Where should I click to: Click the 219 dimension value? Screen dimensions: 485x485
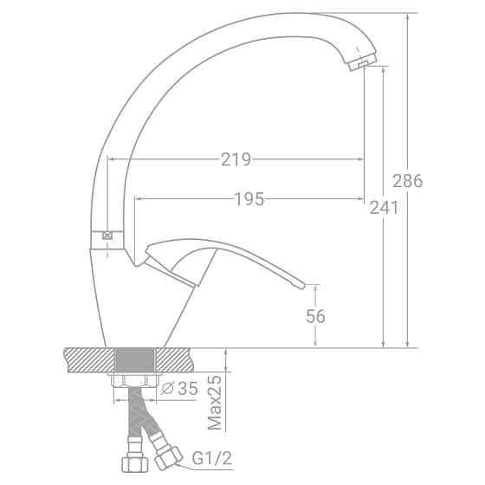[x=236, y=159]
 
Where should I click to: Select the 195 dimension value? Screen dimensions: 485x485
[x=249, y=199]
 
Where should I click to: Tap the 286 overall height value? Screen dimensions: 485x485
[x=408, y=181]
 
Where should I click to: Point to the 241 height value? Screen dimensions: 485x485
[x=383, y=208]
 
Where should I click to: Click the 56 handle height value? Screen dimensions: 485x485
[x=315, y=316]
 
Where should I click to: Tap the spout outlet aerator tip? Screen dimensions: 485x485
[x=362, y=65]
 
